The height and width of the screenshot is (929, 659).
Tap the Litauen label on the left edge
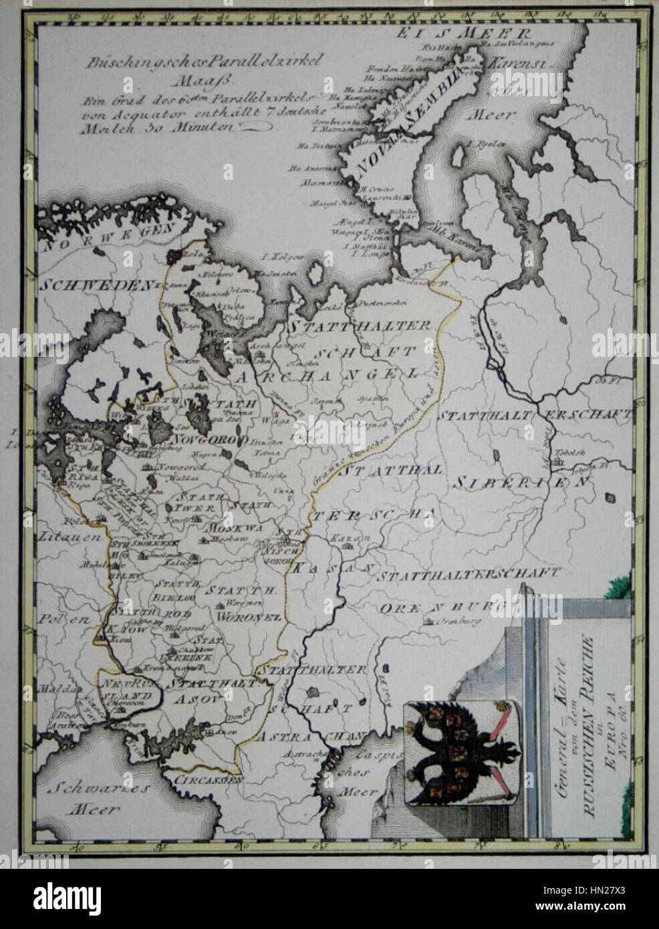[x=59, y=536]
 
